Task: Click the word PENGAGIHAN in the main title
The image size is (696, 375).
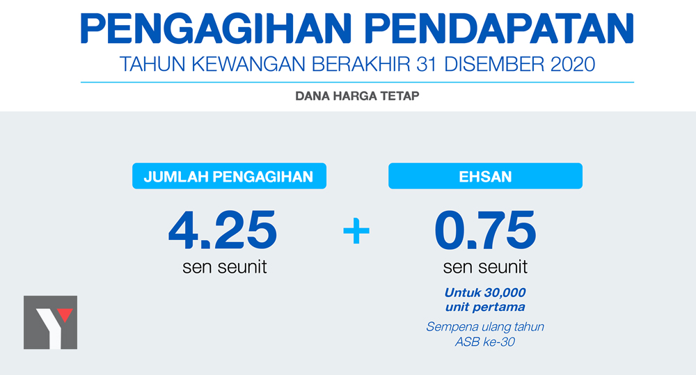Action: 216,29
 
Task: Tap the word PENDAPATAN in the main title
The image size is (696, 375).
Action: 499,29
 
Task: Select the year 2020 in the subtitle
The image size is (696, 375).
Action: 573,64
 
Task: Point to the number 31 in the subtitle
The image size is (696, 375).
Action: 427,64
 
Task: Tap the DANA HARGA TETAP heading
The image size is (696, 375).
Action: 357,96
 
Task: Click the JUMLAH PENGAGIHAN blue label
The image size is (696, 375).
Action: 229,176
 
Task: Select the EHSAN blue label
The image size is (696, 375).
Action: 485,176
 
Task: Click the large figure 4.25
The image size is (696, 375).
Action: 223,230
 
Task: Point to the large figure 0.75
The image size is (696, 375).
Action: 485,230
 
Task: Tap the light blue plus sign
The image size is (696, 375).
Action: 356,231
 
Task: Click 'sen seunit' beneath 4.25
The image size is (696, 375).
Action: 225,267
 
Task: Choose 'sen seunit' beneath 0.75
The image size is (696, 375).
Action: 485,267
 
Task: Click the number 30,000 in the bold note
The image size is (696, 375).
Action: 505,293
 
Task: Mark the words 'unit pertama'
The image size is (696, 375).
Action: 485,307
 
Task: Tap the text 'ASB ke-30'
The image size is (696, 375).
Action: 484,342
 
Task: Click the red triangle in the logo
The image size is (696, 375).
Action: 65,314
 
